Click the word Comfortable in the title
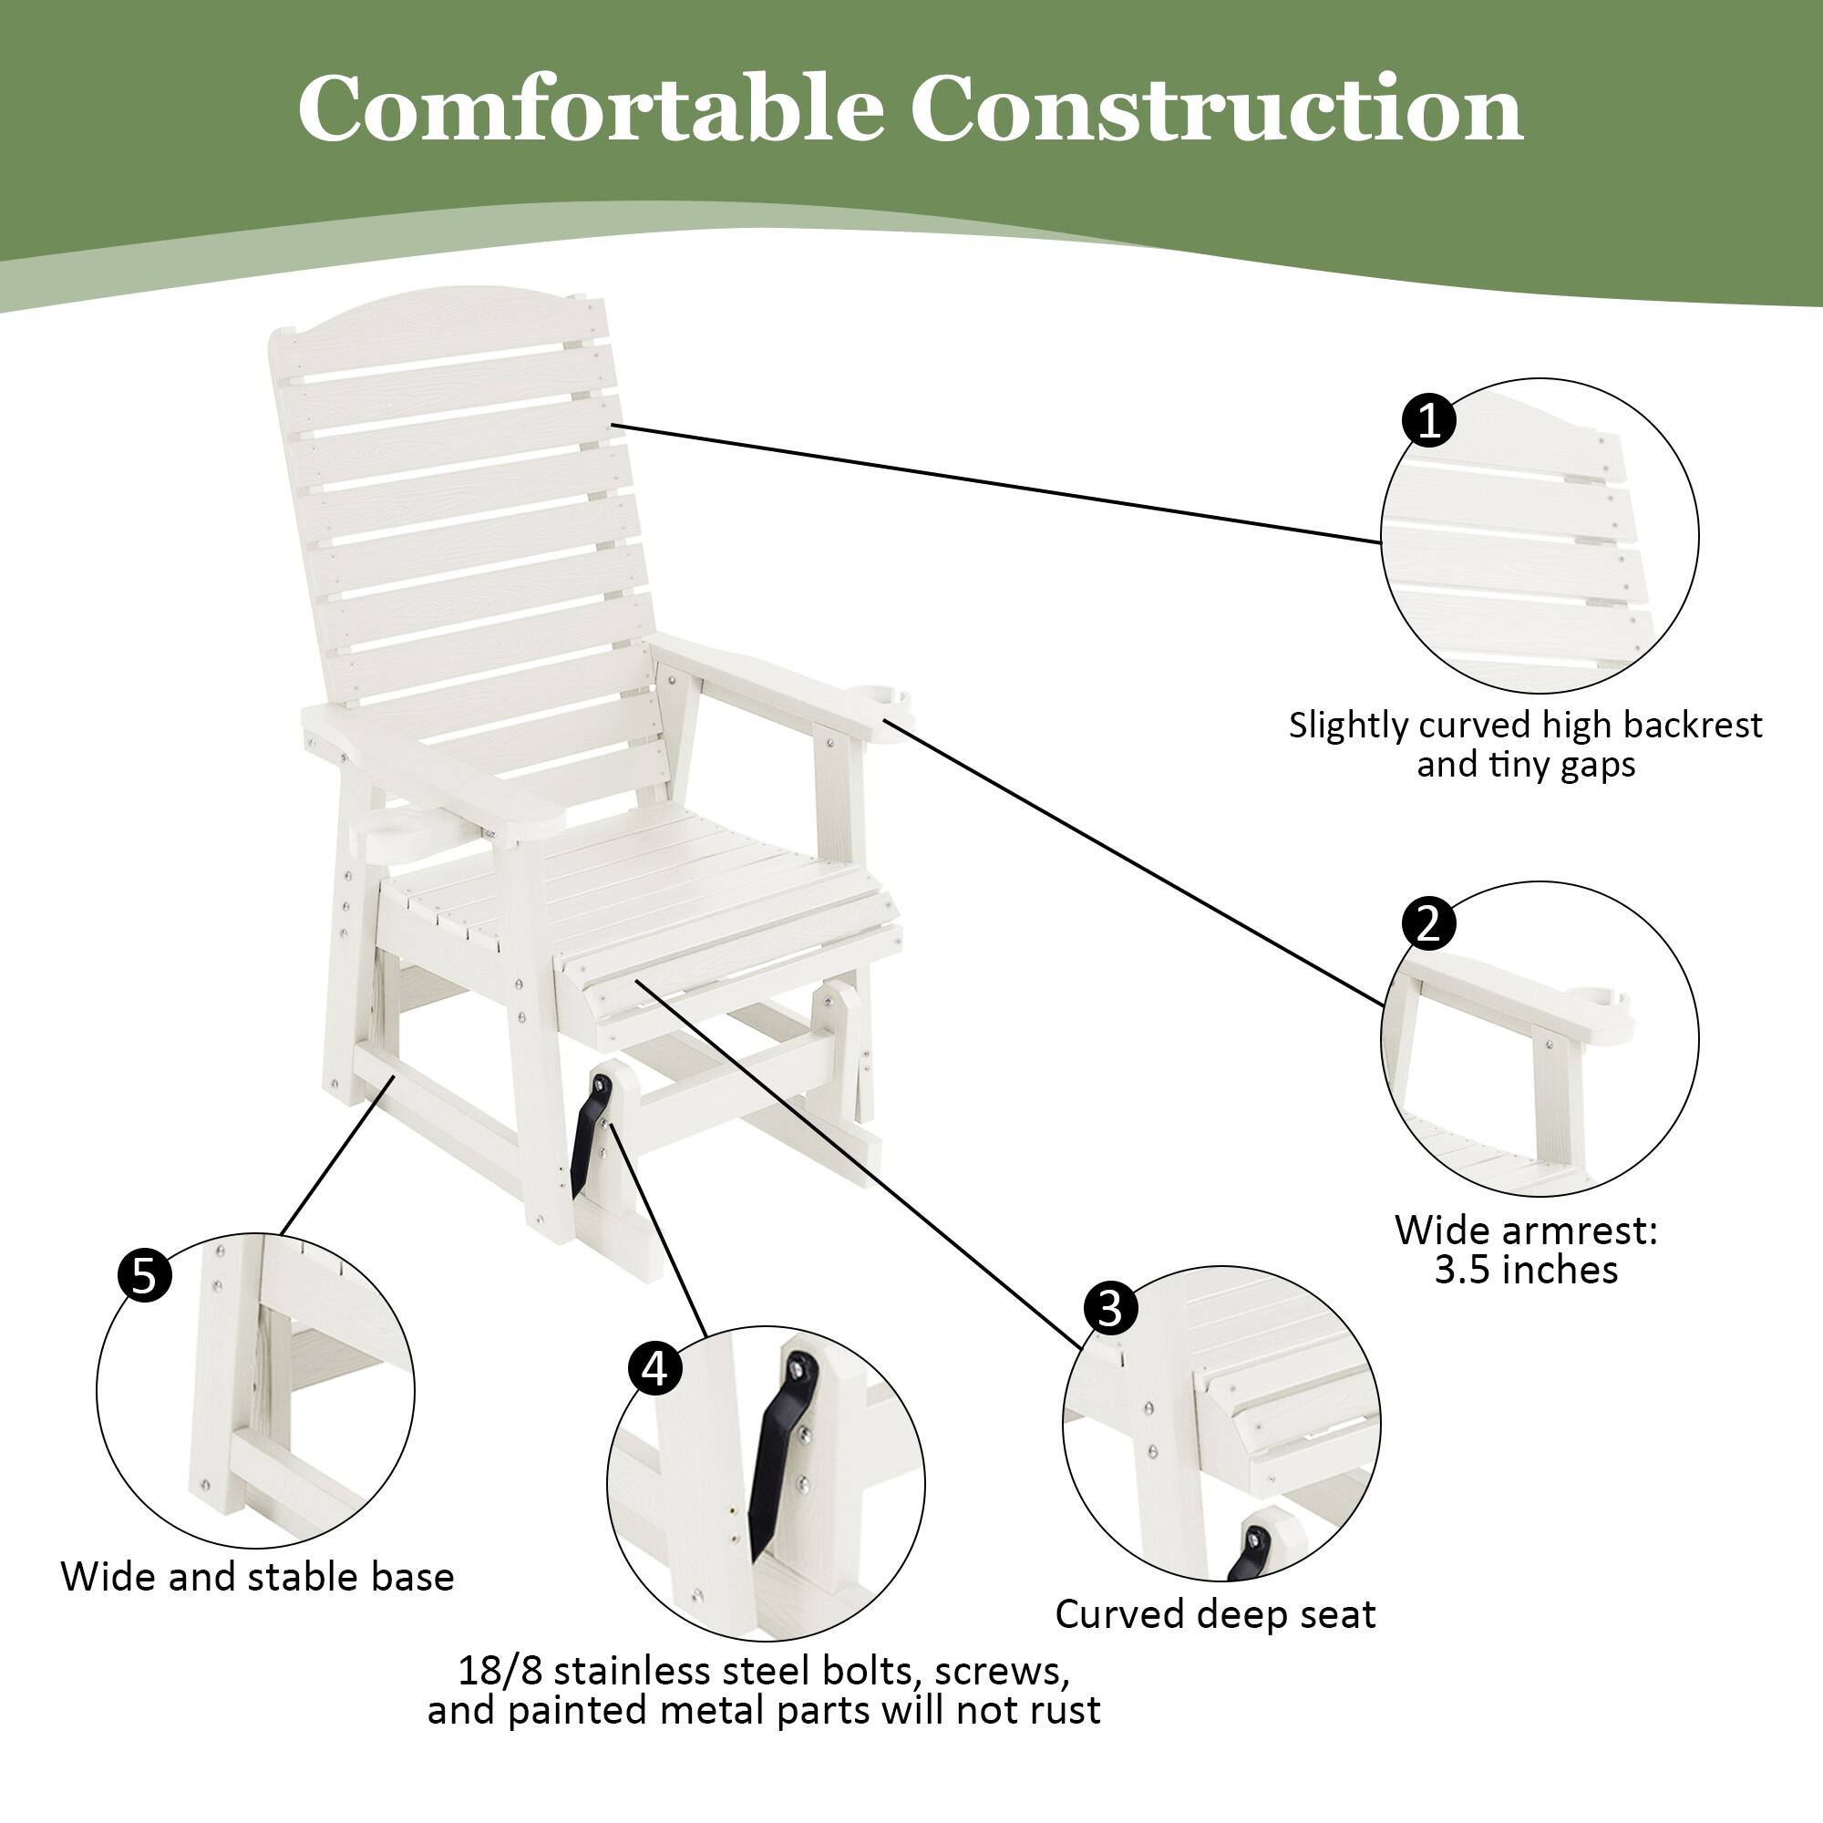(x=590, y=108)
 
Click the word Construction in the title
(x=1216, y=108)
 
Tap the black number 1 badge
(x=1429, y=420)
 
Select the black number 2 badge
(x=1429, y=922)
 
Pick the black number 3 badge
(x=1110, y=1309)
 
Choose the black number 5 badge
(x=144, y=1277)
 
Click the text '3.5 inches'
(x=1526, y=1271)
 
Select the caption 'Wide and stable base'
(x=257, y=1577)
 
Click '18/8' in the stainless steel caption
(x=500, y=1671)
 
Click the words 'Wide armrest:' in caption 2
(x=1526, y=1231)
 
